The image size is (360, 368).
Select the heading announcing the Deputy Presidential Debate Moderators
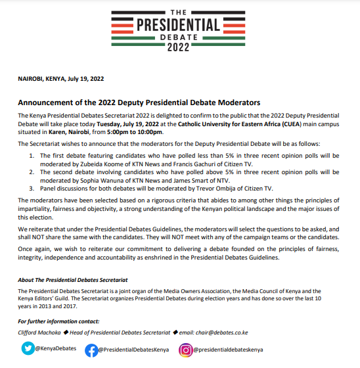point(139,103)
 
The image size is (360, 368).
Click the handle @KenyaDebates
point(55,349)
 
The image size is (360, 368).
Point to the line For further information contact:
point(58,322)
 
